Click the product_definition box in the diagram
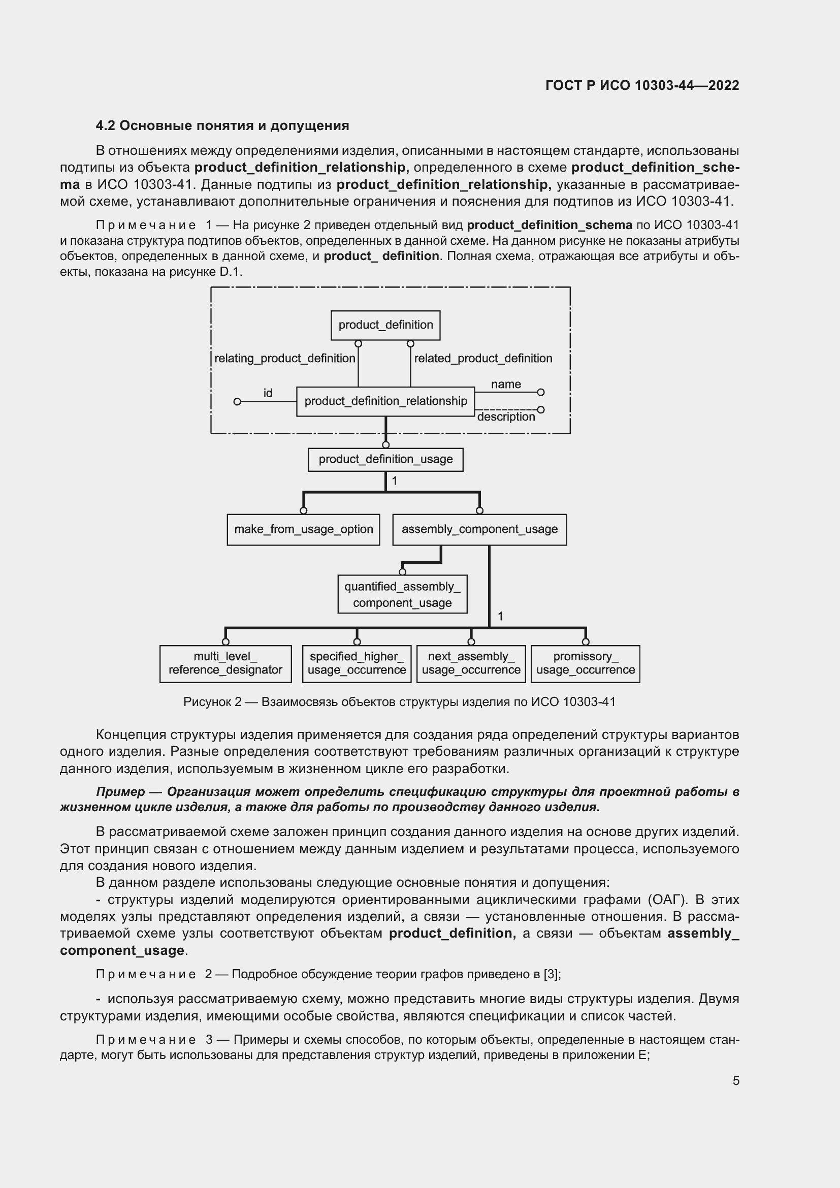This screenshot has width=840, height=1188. pos(385,325)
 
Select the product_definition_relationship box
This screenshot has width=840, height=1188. pos(385,401)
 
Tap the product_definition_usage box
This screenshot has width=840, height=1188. pos(385,459)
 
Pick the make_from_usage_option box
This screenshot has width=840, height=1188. pos(303,529)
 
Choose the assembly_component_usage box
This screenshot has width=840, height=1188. pos(479,529)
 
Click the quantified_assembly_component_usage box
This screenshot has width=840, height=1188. pos(402,594)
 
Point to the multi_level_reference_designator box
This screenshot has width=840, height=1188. pos(225,663)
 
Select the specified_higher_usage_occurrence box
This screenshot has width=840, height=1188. pos(357,663)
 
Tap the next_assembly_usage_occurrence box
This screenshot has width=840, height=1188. pos(471,663)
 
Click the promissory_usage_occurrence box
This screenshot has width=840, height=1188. pos(585,663)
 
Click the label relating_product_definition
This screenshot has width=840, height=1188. pos(284,358)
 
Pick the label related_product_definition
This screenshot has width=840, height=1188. pos(482,358)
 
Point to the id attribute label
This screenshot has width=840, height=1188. pos(268,393)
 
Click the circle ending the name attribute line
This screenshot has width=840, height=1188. pos(540,392)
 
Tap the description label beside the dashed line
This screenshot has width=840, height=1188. pos(505,417)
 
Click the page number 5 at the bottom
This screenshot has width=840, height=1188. pos(735,1080)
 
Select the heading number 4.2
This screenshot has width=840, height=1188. pos(106,126)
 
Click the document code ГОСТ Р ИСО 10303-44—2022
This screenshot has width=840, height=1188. pos(642,85)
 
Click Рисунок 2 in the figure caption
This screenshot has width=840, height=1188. pos(212,701)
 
